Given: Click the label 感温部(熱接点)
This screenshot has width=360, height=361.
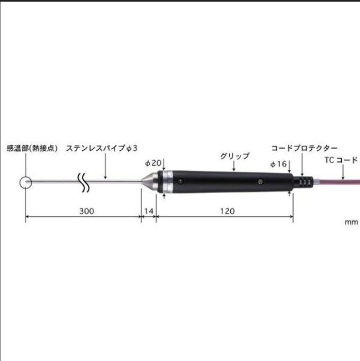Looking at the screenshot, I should (32, 149).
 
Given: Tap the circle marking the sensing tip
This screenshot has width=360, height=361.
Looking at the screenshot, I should (25, 182).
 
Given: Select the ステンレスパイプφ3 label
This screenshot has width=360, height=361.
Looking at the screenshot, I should (102, 149).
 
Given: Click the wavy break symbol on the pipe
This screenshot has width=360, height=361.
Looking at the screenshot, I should (84, 182).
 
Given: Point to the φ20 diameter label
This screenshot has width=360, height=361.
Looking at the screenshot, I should (154, 163).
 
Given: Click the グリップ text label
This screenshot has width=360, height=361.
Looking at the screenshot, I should (234, 156).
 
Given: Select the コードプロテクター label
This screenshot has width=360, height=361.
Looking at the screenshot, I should (304, 148).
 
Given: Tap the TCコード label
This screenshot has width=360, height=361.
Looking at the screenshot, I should (341, 160).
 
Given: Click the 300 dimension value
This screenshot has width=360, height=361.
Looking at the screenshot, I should (86, 211).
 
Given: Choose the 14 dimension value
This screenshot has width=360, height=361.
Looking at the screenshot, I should (149, 211).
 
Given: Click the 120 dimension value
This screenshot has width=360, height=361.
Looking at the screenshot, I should (227, 211).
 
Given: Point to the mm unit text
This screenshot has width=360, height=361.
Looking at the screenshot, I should (351, 222).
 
